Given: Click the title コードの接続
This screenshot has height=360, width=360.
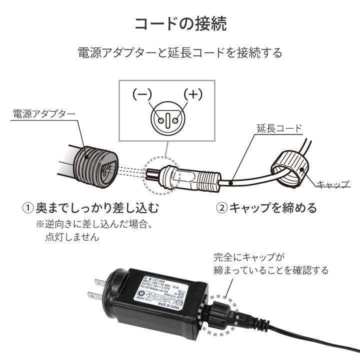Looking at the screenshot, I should [180, 23].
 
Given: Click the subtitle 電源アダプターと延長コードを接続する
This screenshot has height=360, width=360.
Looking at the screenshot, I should [180, 52].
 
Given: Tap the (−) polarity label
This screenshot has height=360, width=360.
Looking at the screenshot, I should [142, 94].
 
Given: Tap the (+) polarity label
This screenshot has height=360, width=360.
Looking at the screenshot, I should [192, 94].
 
